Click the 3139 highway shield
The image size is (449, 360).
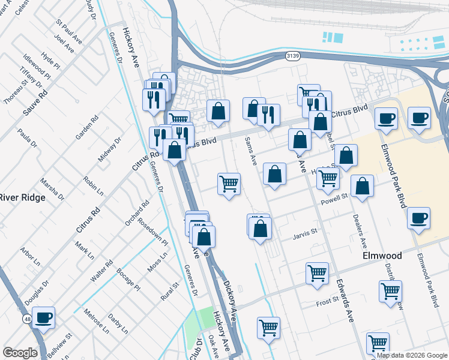292,56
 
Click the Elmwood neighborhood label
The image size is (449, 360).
382,255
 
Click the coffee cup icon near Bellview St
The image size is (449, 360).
43,318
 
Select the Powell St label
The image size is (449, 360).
334,197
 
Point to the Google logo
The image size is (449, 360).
20,353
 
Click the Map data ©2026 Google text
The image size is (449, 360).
411,355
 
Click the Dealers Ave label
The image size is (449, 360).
360,233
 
